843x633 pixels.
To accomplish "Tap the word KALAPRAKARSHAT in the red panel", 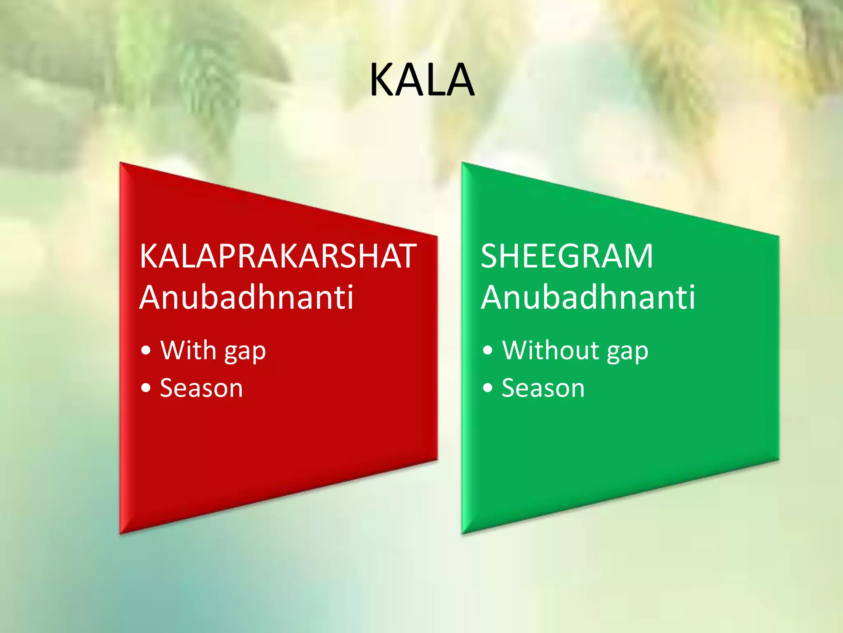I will (x=278, y=256).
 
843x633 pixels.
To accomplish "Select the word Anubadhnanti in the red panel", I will (x=246, y=297).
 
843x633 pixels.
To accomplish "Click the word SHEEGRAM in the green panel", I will (x=567, y=256).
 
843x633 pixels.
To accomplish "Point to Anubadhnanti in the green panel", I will (x=588, y=297).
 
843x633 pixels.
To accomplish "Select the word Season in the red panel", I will (x=201, y=388).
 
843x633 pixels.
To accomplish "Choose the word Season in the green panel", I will (x=543, y=388).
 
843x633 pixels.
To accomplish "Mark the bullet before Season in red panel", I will (x=146, y=388).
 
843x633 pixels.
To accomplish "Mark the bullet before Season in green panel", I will (x=488, y=388).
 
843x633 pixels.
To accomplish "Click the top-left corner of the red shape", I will (x=121, y=163).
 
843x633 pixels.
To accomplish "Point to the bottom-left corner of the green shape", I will (x=463, y=533).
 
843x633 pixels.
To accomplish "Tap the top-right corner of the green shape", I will (x=778, y=236).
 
